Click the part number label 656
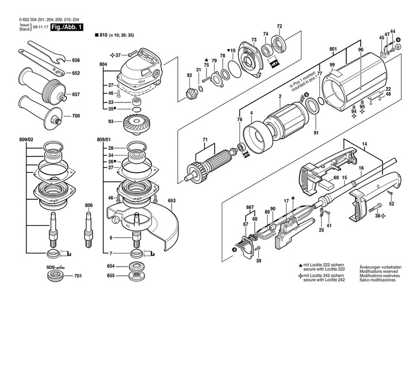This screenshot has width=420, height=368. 77,60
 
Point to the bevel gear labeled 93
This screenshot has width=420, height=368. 136,122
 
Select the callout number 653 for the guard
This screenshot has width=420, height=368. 171,201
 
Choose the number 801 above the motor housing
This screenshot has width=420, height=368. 333,50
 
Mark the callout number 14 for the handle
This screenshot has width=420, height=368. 364,143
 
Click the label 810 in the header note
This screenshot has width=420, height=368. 104,36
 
